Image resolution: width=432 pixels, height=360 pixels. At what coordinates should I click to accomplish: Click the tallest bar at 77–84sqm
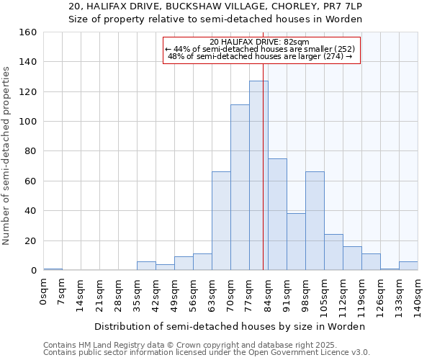pyautogui.click(x=258, y=176)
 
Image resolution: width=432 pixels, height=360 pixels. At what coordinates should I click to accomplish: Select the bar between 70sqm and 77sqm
pyautogui.click(x=240, y=187)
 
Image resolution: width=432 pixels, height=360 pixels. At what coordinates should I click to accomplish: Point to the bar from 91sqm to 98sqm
pyautogui.click(x=296, y=242)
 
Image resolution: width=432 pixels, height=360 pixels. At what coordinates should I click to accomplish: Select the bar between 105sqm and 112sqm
pyautogui.click(x=333, y=253)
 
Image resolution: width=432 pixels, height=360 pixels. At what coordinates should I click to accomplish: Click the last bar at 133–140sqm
pyautogui.click(x=408, y=266)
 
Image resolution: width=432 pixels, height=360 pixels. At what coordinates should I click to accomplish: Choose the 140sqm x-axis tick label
pyautogui.click(x=418, y=295)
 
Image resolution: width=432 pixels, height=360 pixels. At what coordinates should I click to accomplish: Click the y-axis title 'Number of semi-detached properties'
pyautogui.click(x=6, y=151)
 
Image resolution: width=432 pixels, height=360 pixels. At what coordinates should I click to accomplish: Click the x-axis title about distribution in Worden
pyautogui.click(x=230, y=326)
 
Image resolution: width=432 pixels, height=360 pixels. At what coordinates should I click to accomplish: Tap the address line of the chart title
pyautogui.click(x=215, y=6)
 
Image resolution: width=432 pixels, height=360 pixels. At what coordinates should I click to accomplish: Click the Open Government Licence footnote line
pyautogui.click(x=207, y=352)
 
